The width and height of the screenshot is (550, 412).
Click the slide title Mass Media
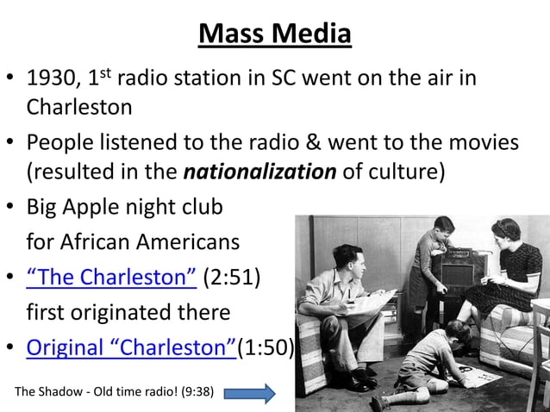tap(275, 34)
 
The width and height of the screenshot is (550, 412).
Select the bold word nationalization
tap(259, 172)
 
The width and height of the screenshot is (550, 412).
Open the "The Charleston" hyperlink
tap(111, 278)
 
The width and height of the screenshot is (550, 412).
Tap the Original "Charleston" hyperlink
tap(131, 348)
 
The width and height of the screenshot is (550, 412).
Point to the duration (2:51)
tap(232, 278)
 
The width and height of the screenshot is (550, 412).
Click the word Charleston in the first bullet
tap(79, 107)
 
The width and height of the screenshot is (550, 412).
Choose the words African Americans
tap(133, 242)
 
